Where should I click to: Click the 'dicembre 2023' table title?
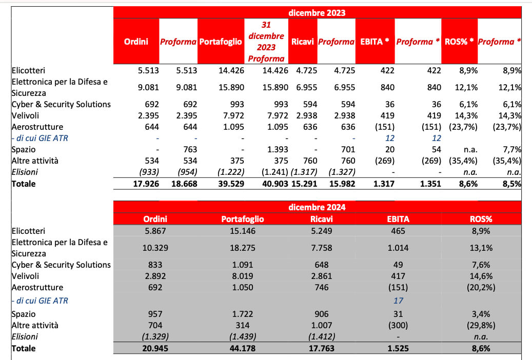pyautogui.click(x=317, y=13)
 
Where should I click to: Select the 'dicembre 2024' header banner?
pyautogui.click(x=317, y=207)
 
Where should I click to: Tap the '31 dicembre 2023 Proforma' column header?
pyautogui.click(x=266, y=42)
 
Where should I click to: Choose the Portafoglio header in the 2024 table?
pyautogui.click(x=242, y=219)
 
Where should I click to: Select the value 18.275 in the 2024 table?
pyautogui.click(x=242, y=248)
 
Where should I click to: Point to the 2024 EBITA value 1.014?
pyautogui.click(x=398, y=248)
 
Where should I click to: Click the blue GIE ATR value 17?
pyautogui.click(x=398, y=301)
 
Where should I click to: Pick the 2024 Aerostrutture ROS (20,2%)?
pyautogui.click(x=481, y=287)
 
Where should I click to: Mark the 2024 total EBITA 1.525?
pyautogui.click(x=398, y=348)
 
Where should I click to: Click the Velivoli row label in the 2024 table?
pyautogui.click(x=27, y=276)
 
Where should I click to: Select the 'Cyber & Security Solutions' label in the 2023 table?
pyautogui.click(x=61, y=104)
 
